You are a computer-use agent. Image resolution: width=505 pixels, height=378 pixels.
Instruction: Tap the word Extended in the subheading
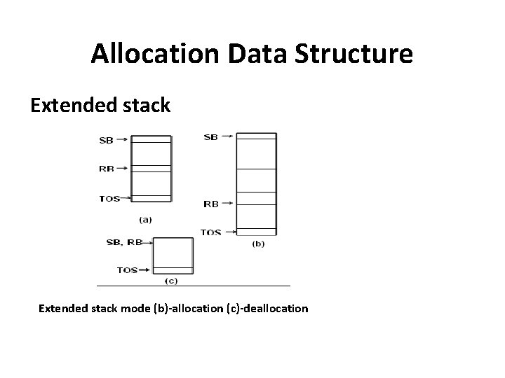[x=65, y=106]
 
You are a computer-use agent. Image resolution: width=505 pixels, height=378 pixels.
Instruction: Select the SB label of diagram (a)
[x=107, y=140]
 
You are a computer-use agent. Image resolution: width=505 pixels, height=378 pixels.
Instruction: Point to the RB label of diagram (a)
[x=107, y=168]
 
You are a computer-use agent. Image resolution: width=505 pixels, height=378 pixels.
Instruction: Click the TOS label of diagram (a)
[x=109, y=198]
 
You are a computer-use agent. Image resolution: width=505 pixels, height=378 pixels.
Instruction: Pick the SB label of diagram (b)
[x=210, y=137]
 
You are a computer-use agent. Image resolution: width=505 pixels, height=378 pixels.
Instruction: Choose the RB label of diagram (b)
[x=210, y=204]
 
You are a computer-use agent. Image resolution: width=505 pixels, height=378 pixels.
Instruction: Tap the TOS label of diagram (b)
[x=211, y=232]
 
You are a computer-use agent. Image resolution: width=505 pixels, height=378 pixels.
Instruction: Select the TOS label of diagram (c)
[x=127, y=269]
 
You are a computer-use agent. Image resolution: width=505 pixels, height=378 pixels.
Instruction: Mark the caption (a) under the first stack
[x=145, y=219]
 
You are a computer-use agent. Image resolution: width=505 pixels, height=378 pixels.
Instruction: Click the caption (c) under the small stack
[x=170, y=281]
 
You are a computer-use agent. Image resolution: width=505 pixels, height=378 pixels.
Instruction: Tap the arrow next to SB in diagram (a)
[x=122, y=140]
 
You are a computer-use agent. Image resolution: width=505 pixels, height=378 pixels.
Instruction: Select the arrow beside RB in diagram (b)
[x=227, y=204]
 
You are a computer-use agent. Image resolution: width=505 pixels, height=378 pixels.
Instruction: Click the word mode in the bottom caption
[x=135, y=308]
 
